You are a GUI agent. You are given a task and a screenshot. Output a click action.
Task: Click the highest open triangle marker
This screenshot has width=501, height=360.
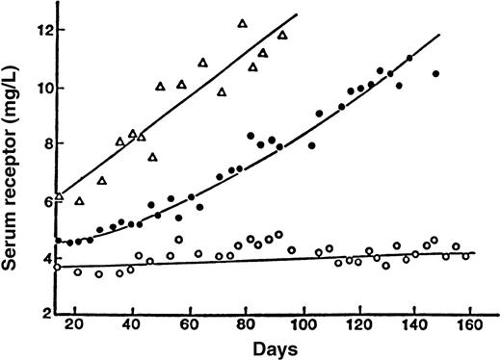click(242, 23)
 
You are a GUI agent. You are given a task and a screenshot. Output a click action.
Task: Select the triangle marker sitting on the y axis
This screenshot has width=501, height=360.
click(59, 196)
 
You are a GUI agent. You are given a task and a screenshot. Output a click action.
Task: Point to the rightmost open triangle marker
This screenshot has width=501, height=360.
click(282, 36)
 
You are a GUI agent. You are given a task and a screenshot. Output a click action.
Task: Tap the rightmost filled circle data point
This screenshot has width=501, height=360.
click(435, 74)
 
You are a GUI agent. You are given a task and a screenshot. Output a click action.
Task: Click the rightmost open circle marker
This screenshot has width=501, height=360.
click(466, 256)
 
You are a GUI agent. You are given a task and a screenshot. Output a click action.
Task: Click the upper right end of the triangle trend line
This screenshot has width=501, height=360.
click(297, 15)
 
